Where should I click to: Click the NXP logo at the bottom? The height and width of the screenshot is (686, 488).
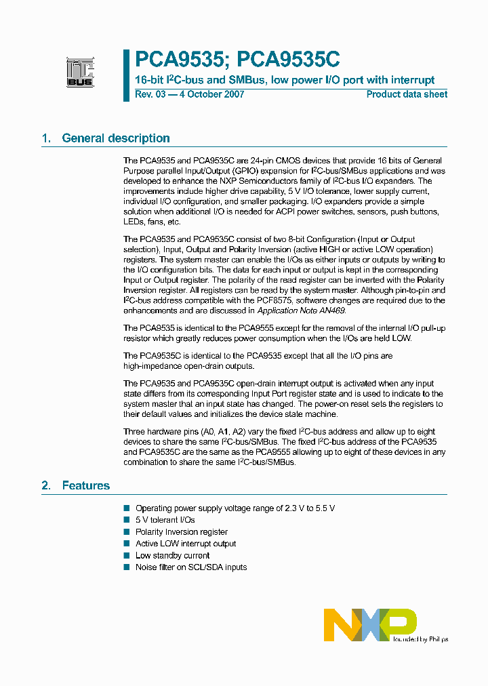tap(369, 624)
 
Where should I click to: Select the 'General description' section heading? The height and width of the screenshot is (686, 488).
tap(116, 138)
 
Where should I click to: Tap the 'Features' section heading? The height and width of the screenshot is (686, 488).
tap(86, 485)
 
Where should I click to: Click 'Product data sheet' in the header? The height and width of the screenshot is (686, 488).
tap(407, 94)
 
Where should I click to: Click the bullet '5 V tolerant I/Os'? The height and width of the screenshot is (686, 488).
tap(165, 520)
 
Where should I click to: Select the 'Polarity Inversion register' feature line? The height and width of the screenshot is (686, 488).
tap(181, 532)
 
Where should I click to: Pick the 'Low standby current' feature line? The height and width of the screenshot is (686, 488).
tap(172, 555)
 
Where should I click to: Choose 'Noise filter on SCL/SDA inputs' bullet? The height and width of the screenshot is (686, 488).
tap(191, 567)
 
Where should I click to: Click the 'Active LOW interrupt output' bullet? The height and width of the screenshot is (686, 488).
tap(186, 544)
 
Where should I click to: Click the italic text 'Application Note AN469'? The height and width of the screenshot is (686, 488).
tap(301, 310)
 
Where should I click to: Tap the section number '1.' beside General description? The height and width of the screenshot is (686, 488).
tap(47, 138)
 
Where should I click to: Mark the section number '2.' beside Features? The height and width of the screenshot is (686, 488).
tap(47, 485)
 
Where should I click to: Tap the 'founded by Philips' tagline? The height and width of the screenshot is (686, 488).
tap(420, 639)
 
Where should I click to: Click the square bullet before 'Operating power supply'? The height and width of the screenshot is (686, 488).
tap(126, 508)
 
